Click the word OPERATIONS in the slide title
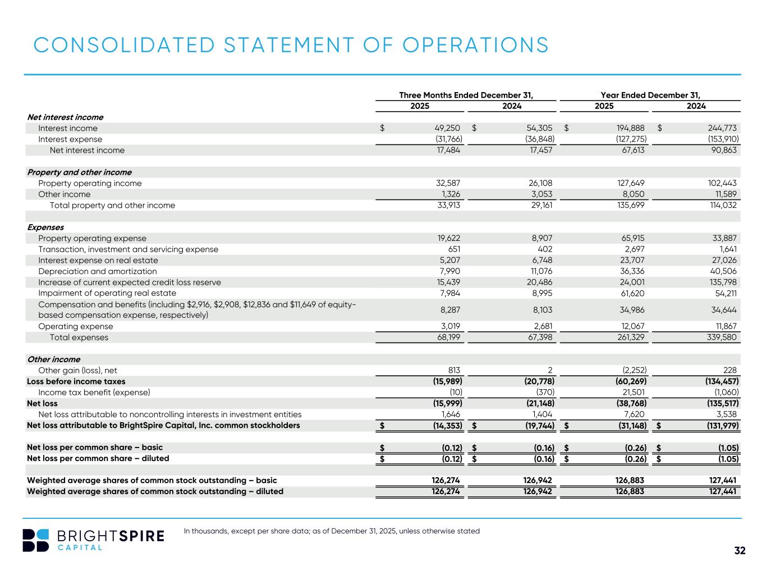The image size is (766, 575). click(475, 45)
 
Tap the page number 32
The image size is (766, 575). click(740, 551)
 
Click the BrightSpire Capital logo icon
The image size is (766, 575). click(36, 540)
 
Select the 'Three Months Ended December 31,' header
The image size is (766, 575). click(465, 95)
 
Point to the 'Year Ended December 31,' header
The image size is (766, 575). click(650, 95)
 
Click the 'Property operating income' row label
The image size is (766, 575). click(90, 183)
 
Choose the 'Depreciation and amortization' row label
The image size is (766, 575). click(97, 271)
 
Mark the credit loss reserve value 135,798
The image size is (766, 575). click(722, 282)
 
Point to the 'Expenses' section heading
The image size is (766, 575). click(45, 227)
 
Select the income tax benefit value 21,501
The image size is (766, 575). click(632, 393)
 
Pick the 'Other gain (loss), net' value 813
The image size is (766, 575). click(454, 370)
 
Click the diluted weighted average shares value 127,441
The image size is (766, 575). click(722, 491)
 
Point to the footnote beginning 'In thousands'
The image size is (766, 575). click(332, 531)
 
